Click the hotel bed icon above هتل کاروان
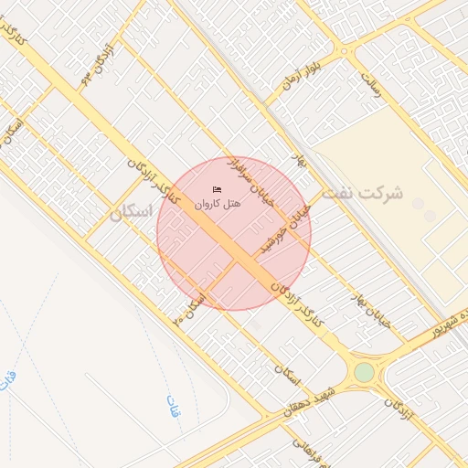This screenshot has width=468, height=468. click(x=217, y=189)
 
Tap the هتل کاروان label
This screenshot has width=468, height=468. click(x=217, y=203)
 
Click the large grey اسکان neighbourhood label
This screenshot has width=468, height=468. click(x=129, y=213)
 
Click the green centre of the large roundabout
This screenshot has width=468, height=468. click(x=365, y=372)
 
